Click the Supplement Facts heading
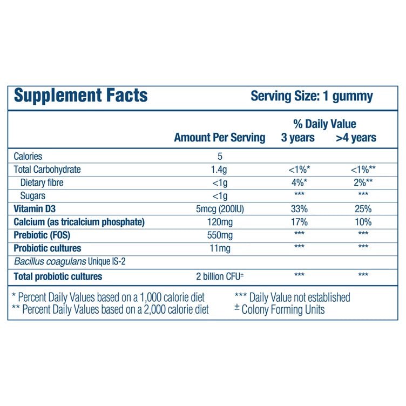pyautogui.click(x=80, y=97)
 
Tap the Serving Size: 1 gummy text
pyautogui.click(x=312, y=97)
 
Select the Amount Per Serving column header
pyautogui.click(x=219, y=138)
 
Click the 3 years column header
pyautogui.click(x=297, y=138)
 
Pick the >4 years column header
pyautogui.click(x=356, y=138)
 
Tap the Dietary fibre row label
pyautogui.click(x=41, y=182)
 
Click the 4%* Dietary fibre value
pyautogui.click(x=299, y=182)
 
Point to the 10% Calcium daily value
pyautogui.click(x=363, y=222)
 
